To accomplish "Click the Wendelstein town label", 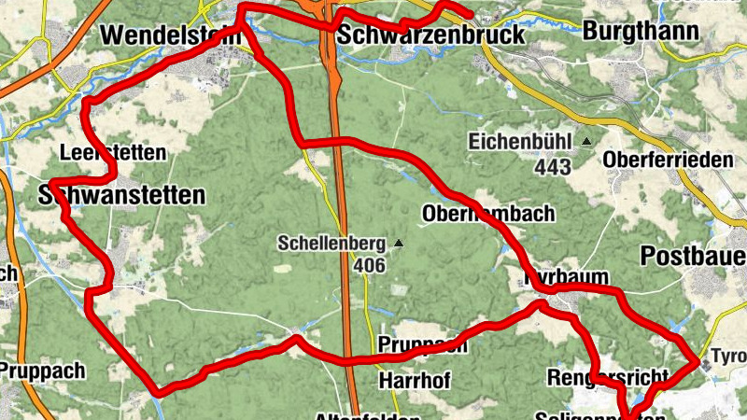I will point(168,35).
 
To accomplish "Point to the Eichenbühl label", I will point(520,143).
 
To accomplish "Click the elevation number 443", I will point(554,167).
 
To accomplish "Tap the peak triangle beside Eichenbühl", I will point(586,142).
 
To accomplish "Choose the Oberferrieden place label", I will point(669,160).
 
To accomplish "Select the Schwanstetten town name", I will point(121,195).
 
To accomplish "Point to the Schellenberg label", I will point(331,244).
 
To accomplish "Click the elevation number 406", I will point(370,265).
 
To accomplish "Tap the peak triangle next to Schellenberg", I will point(399,244).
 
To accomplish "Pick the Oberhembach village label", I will point(488,213).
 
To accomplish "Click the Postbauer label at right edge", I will point(696,256).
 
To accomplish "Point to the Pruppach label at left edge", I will point(42,371).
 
